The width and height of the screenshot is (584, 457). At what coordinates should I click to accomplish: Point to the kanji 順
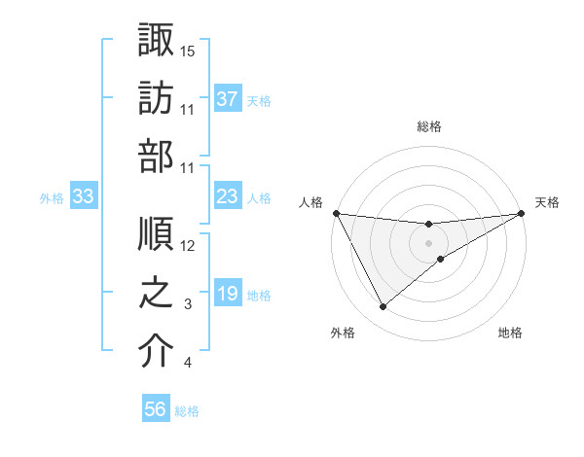(x=156, y=236)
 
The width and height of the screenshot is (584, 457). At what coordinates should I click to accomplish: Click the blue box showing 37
(x=228, y=99)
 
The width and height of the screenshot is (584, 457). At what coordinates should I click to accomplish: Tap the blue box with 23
(x=228, y=196)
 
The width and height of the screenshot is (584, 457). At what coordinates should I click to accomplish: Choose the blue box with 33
(x=83, y=196)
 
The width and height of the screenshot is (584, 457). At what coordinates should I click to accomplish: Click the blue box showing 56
(x=156, y=409)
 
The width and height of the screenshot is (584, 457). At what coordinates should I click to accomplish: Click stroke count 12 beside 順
(x=189, y=245)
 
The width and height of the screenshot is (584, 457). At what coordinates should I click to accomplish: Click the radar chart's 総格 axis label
(x=429, y=126)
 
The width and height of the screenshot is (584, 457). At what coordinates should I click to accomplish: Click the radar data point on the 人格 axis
(x=336, y=213)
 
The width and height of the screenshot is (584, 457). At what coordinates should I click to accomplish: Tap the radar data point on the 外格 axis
(x=383, y=307)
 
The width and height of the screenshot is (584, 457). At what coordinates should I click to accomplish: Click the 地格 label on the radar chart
(x=509, y=333)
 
